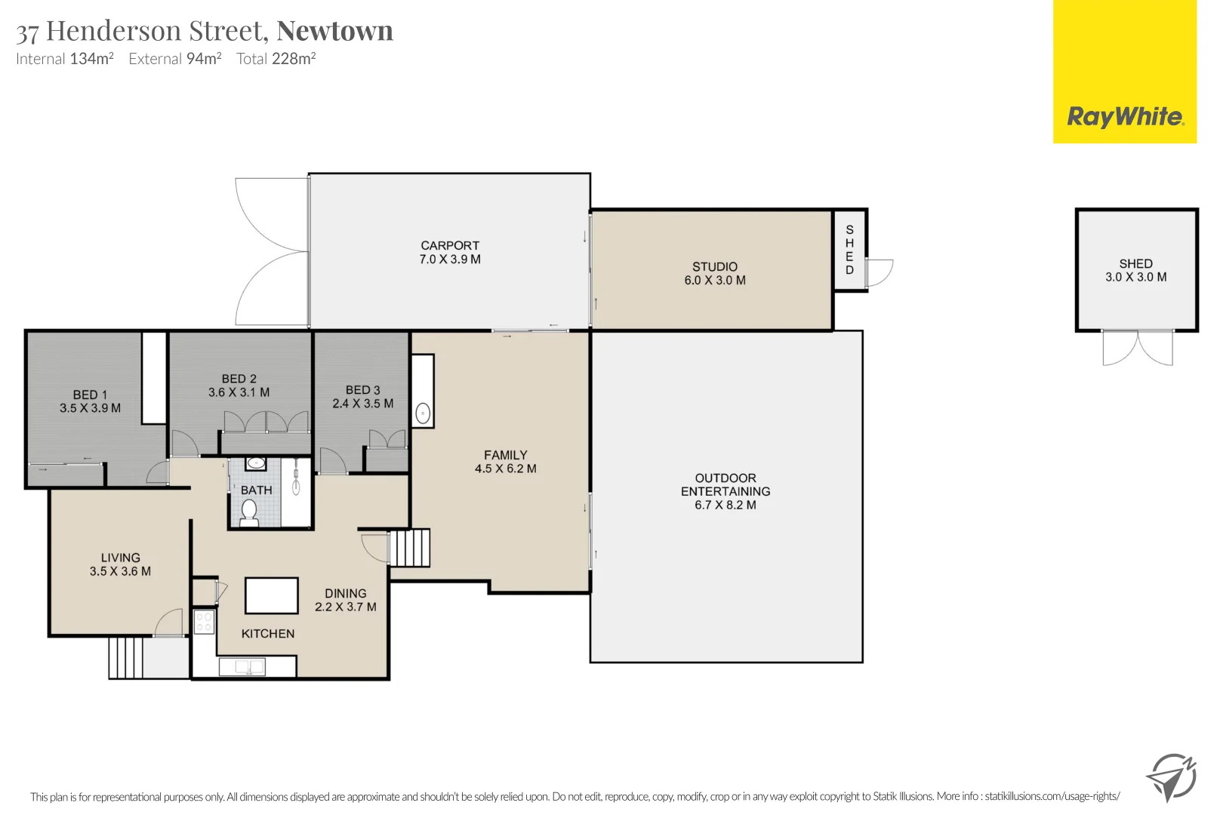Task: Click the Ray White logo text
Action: pos(1125,117)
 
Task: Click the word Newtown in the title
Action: pos(334,31)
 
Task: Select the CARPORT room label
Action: pos(450,252)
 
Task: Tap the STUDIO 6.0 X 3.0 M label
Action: pos(715,273)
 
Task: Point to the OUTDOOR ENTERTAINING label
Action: pos(725,491)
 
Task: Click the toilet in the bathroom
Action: pos(249,513)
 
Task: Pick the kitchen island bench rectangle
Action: pos(272,595)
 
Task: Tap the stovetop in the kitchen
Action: pos(204,622)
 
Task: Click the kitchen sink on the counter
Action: pos(242,667)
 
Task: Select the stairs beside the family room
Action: pos(409,548)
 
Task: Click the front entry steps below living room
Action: pos(125,658)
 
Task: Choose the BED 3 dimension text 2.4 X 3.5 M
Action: pos(363,404)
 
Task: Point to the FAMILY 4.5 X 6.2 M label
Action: pos(506,462)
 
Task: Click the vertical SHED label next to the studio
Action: pos(849,250)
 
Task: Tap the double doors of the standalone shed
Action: pos(1138,348)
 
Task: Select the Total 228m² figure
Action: pos(276,59)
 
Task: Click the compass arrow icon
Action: pos(1171,777)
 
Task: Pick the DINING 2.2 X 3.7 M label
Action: pos(346,600)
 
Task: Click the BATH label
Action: pos(257,491)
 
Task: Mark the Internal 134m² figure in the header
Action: pos(65,59)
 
